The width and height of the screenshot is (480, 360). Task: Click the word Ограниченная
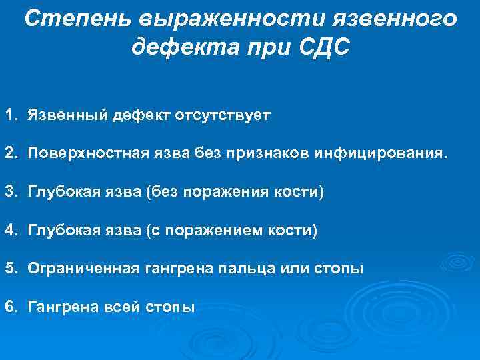click(x=83, y=269)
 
